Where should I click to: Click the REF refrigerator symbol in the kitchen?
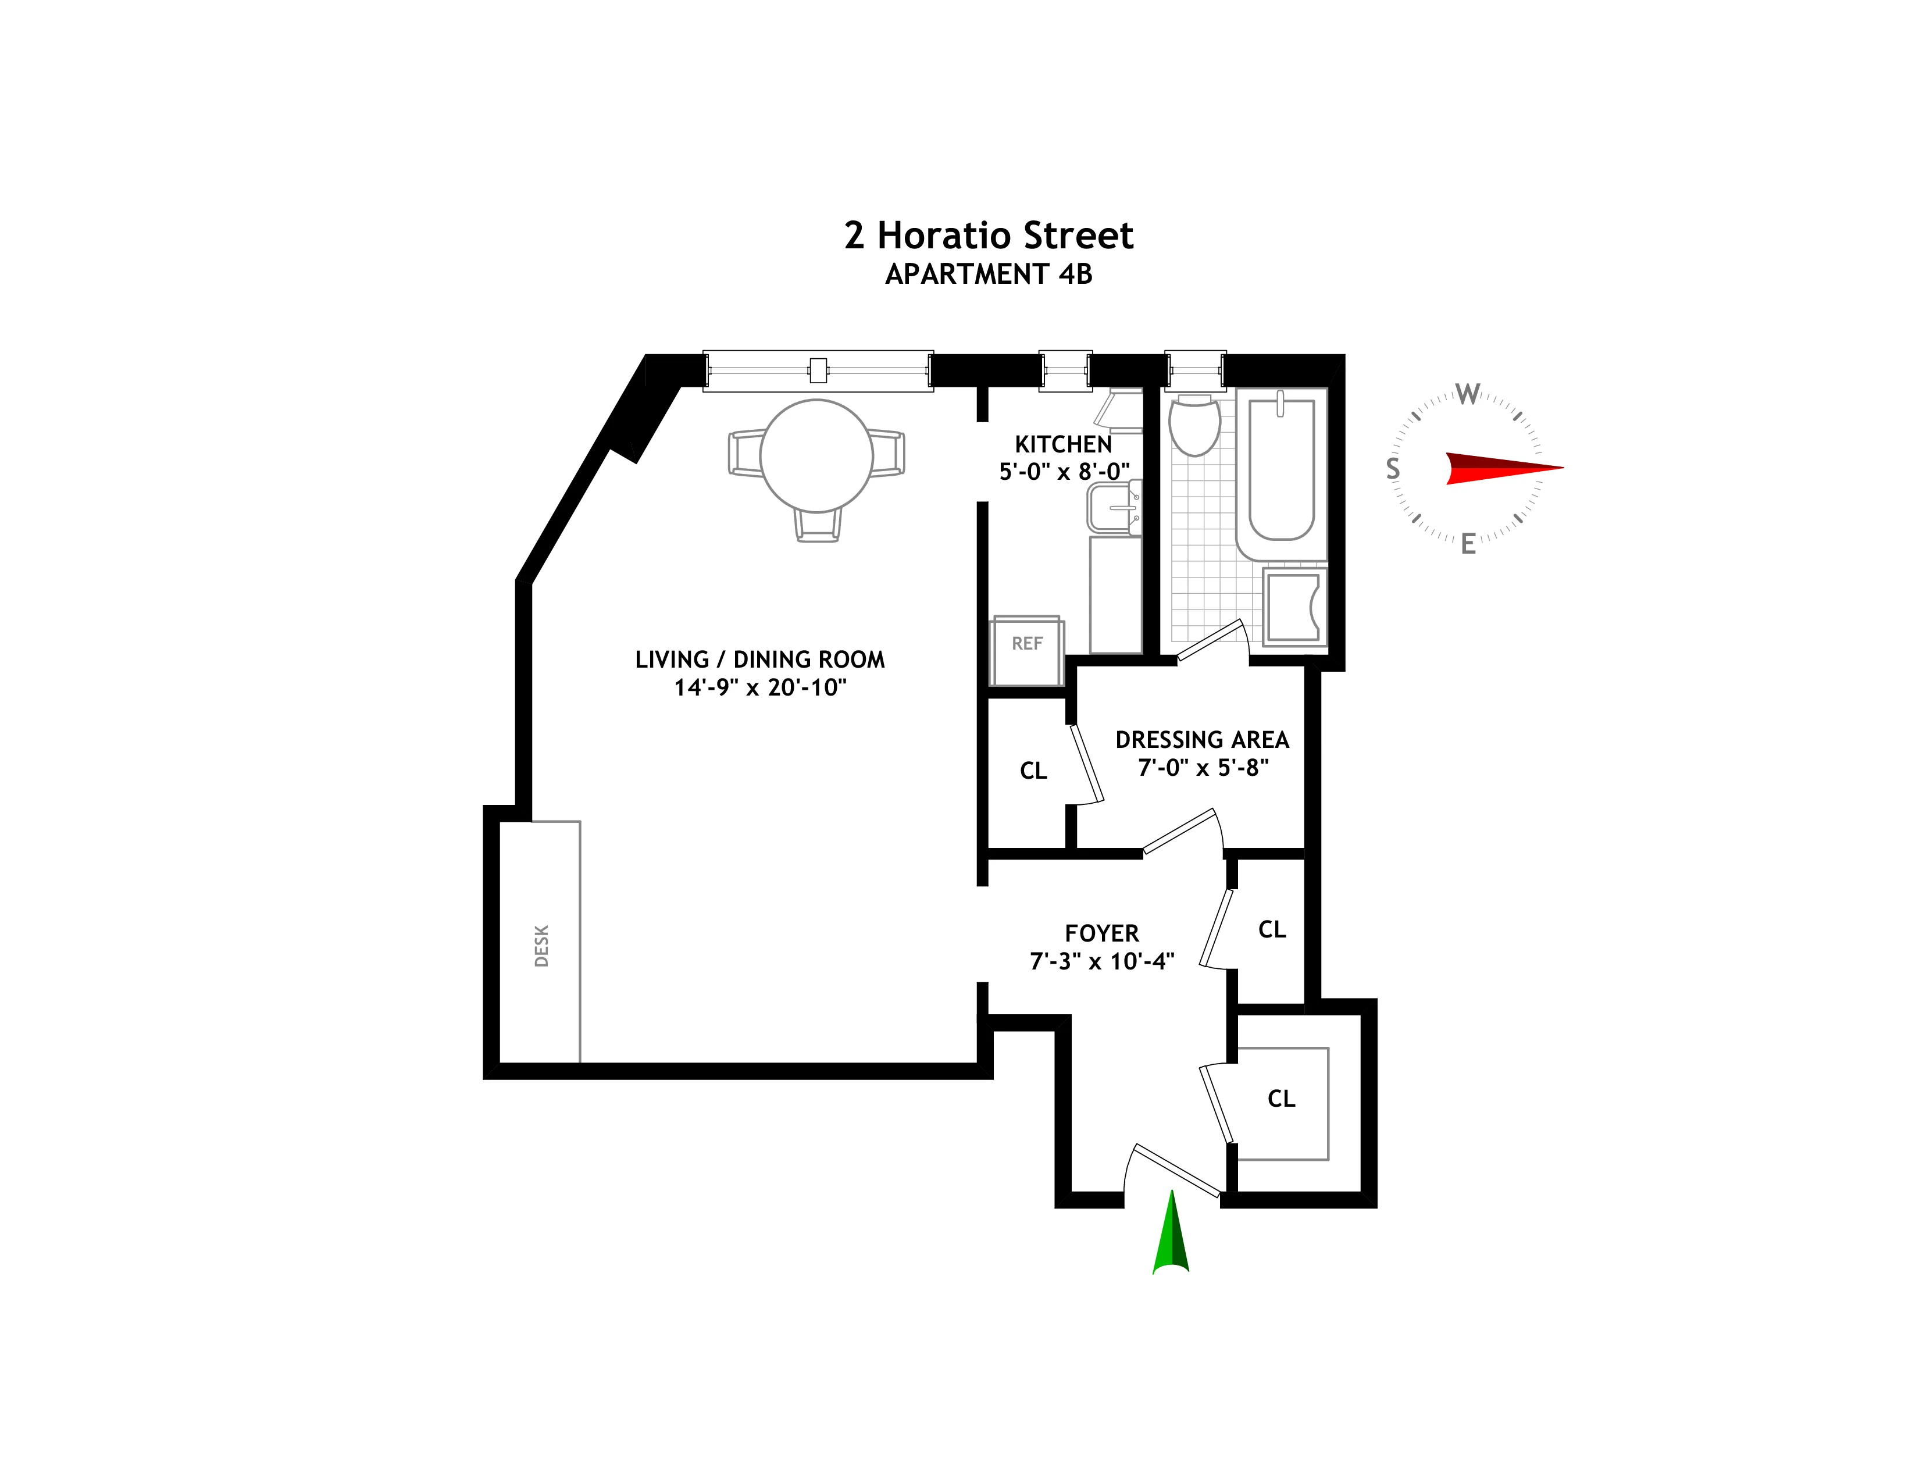tap(1026, 650)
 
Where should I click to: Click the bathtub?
tap(1281, 470)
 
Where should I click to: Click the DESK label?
tap(541, 945)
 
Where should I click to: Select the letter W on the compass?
tap(1467, 394)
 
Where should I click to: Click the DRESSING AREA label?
tap(1201, 740)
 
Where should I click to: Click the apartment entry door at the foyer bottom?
tap(1176, 1170)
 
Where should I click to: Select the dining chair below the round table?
tap(817, 525)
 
